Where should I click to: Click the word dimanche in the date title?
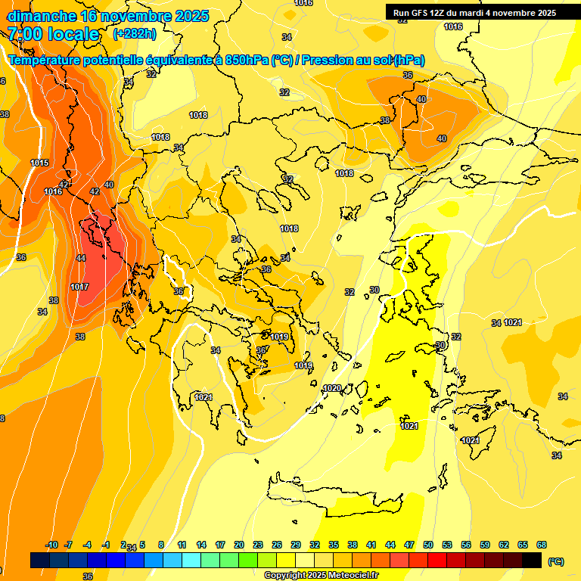pos(40,16)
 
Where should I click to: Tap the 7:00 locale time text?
pos(53,34)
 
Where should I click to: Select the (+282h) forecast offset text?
pos(135,34)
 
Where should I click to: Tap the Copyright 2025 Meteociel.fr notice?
pos(322,575)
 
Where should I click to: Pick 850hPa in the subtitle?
pos(247,60)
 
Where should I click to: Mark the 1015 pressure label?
pos(40,163)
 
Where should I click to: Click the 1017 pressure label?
pos(79,287)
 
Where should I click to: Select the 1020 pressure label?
pos(332,388)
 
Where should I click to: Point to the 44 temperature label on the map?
pos(81,258)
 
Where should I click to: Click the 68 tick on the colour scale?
pos(542,545)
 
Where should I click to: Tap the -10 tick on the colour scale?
pos(52,545)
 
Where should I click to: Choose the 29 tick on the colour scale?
pos(296,545)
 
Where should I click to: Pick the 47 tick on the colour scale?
pos(409,545)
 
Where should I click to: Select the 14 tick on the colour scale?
pos(201,545)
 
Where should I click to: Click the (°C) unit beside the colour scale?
pos(556,561)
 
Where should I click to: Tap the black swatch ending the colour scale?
pos(533,560)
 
